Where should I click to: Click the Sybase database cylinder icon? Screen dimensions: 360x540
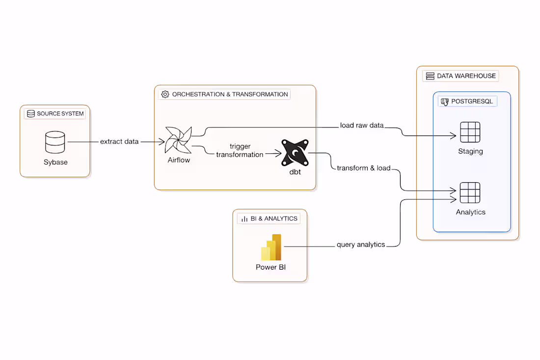pyautogui.click(x=55, y=142)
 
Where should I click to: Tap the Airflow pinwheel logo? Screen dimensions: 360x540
pyautogui.click(x=178, y=140)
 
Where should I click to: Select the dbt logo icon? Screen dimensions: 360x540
pyautogui.click(x=295, y=153)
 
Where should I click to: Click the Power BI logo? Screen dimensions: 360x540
pyautogui.click(x=271, y=247)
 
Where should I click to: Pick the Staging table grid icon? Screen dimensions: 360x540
pyautogui.click(x=470, y=132)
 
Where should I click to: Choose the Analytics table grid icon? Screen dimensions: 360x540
pyautogui.click(x=470, y=193)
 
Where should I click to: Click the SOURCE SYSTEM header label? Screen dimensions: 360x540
pyautogui.click(x=55, y=114)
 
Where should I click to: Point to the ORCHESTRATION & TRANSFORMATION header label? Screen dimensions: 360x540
pyautogui.click(x=225, y=94)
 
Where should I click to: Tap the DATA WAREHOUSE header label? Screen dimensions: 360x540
pyautogui.click(x=461, y=76)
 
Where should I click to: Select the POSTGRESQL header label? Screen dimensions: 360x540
pyautogui.click(x=468, y=102)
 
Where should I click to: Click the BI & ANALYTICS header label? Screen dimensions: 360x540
pyautogui.click(x=269, y=219)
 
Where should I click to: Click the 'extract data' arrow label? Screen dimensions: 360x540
pyautogui.click(x=119, y=141)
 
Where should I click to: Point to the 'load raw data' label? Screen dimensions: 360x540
pyautogui.click(x=362, y=125)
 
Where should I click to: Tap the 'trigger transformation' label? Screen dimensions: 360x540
pyautogui.click(x=240, y=150)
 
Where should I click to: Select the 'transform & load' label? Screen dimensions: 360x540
pyautogui.click(x=364, y=168)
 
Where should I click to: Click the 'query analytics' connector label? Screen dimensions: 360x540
pyautogui.click(x=361, y=245)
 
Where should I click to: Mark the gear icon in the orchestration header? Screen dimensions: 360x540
pyautogui.click(x=165, y=94)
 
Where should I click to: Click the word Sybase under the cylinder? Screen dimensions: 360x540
pyautogui.click(x=55, y=162)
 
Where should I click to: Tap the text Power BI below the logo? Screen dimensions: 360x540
pyautogui.click(x=271, y=268)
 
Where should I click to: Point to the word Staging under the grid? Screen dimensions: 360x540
pyautogui.click(x=470, y=151)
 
